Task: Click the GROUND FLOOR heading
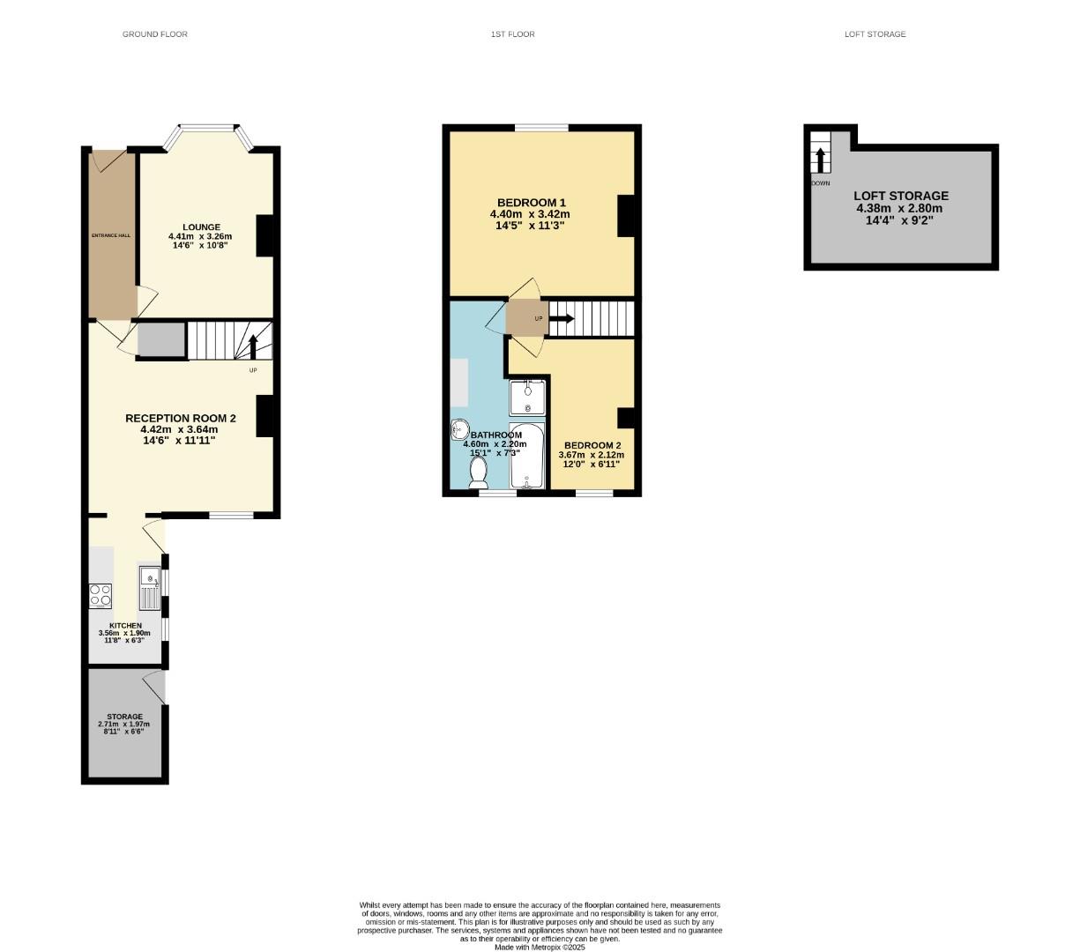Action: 154,34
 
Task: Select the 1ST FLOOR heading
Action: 512,34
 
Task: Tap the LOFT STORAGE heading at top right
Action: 875,34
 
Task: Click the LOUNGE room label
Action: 201,227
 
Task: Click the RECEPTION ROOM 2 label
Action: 180,419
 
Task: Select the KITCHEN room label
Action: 124,626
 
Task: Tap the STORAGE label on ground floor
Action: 124,717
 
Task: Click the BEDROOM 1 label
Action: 531,202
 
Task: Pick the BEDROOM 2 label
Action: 592,445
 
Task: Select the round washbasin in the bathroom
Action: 459,430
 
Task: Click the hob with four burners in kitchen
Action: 101,596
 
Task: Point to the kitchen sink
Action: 149,588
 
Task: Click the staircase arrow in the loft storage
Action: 820,160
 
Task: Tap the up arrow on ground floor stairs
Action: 253,346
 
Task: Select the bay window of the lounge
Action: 209,130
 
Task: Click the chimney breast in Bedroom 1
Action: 626,215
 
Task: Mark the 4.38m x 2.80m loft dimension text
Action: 899,209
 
